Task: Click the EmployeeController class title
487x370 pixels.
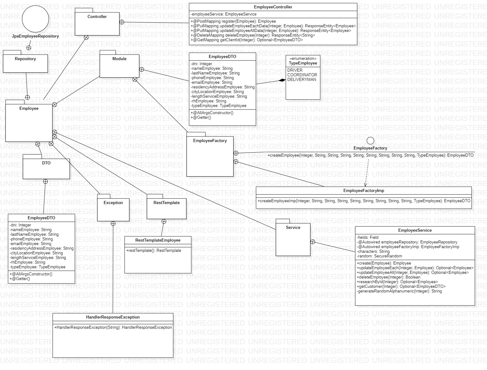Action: click(273, 7)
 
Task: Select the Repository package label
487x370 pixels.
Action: click(25, 59)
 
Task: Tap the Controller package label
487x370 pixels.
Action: click(97, 16)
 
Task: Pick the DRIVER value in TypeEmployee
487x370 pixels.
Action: click(295, 70)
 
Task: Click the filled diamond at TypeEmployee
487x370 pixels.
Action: click(282, 80)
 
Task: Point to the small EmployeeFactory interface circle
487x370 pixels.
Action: click(370, 141)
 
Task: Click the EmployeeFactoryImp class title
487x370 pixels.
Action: click(364, 191)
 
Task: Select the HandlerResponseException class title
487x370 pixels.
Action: click(113, 317)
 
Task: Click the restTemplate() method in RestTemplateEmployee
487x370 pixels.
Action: click(153, 251)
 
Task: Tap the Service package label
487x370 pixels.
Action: click(293, 227)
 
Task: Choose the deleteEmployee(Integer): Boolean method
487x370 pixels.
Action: click(388, 277)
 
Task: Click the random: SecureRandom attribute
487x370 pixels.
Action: click(379, 256)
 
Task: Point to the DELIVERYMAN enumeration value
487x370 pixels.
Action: click(302, 79)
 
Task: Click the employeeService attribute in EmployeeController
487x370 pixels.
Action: click(224, 14)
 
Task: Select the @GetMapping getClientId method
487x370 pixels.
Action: click(247, 40)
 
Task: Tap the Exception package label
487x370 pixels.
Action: click(113, 203)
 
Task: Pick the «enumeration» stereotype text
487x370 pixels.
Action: click(303, 59)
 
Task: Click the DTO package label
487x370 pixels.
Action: click(46, 163)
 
